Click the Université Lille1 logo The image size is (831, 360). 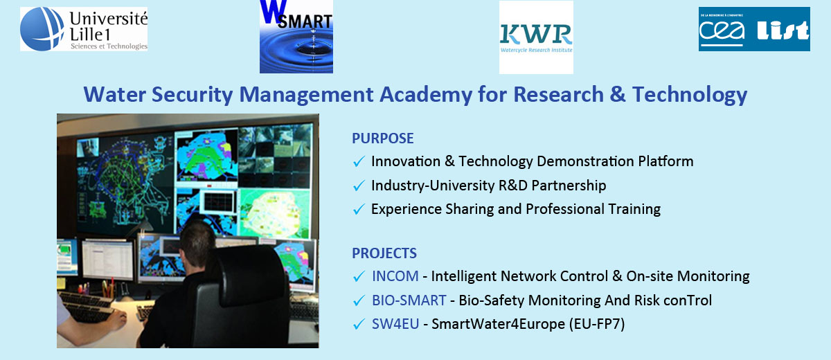point(84,29)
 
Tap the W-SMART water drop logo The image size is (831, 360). point(296,36)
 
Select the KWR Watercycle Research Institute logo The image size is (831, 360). point(536,37)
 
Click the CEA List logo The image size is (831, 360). point(754,29)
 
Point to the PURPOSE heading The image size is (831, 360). point(382,138)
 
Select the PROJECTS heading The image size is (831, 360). point(384,253)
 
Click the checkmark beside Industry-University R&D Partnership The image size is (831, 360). point(359,186)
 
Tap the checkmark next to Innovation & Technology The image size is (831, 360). point(359,161)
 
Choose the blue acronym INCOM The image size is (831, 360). point(395,276)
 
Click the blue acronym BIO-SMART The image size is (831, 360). point(409,300)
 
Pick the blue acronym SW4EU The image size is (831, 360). point(395,324)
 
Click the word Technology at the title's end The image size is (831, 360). point(690,95)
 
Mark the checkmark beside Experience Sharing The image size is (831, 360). point(359,210)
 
